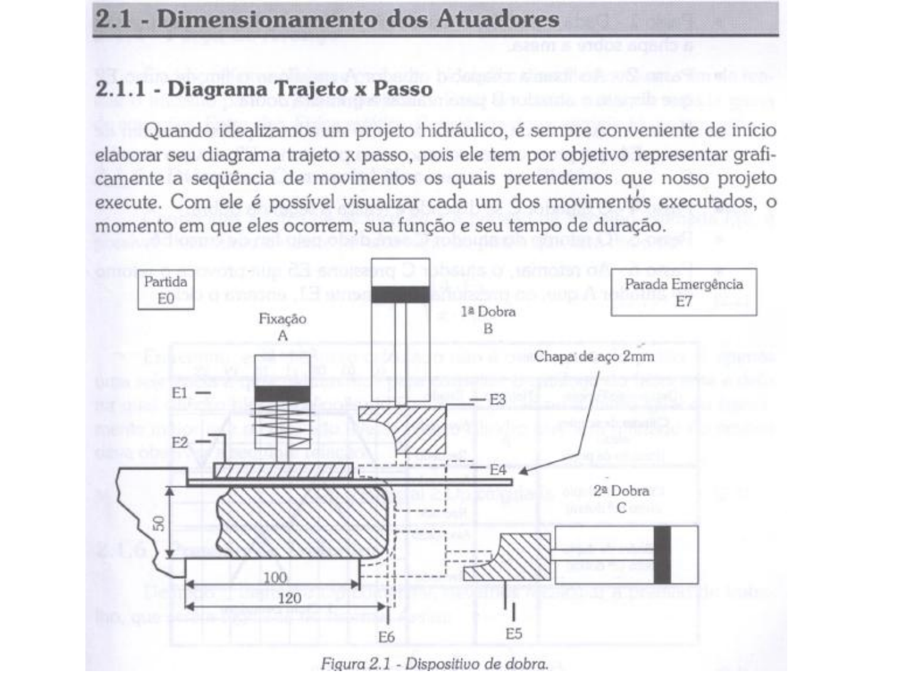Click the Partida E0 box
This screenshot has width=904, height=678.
click(x=165, y=290)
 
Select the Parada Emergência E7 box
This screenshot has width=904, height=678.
click(x=684, y=292)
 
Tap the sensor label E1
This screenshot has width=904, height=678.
click(x=180, y=392)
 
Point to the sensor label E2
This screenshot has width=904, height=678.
click(x=180, y=442)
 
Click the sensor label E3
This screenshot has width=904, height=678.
click(x=497, y=399)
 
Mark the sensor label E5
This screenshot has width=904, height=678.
click(x=514, y=633)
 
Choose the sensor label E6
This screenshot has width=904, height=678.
click(x=387, y=637)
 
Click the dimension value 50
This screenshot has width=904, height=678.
click(x=159, y=522)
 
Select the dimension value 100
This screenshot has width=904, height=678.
click(x=274, y=577)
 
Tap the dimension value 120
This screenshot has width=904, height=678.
click(x=289, y=598)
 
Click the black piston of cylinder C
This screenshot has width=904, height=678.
click(x=662, y=554)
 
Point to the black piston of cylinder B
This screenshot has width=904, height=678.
click(x=401, y=294)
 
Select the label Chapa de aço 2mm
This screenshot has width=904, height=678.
click(x=594, y=357)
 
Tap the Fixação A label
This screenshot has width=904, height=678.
click(x=282, y=326)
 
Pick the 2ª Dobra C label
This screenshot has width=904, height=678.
click(x=621, y=498)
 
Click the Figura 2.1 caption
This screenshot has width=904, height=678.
click(x=434, y=664)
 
